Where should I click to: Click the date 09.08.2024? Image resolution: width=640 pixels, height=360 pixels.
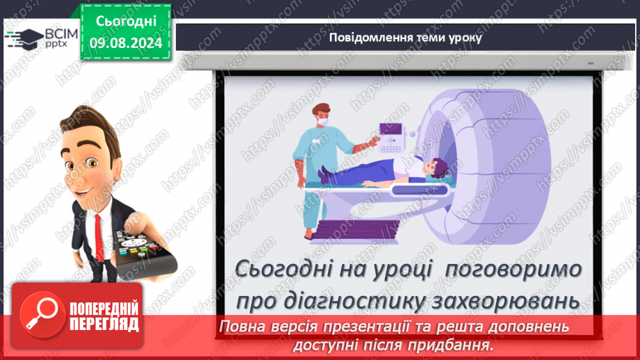(x=126, y=43)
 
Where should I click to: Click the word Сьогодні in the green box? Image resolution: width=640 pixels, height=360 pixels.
(x=126, y=22)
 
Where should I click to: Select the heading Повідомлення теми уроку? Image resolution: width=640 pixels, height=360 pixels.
(x=405, y=38)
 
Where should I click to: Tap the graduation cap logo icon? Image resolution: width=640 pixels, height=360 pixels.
(x=25, y=39)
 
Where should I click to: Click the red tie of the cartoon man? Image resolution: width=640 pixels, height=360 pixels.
(x=99, y=238)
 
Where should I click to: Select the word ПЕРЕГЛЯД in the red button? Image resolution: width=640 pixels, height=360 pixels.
(x=104, y=325)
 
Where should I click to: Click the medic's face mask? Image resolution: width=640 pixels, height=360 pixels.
(x=322, y=121)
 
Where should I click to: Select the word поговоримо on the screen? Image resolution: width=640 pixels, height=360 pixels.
(x=513, y=270)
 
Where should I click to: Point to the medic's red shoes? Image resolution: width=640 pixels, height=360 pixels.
(x=309, y=236)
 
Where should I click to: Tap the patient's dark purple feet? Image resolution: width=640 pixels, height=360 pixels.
(x=324, y=174)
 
